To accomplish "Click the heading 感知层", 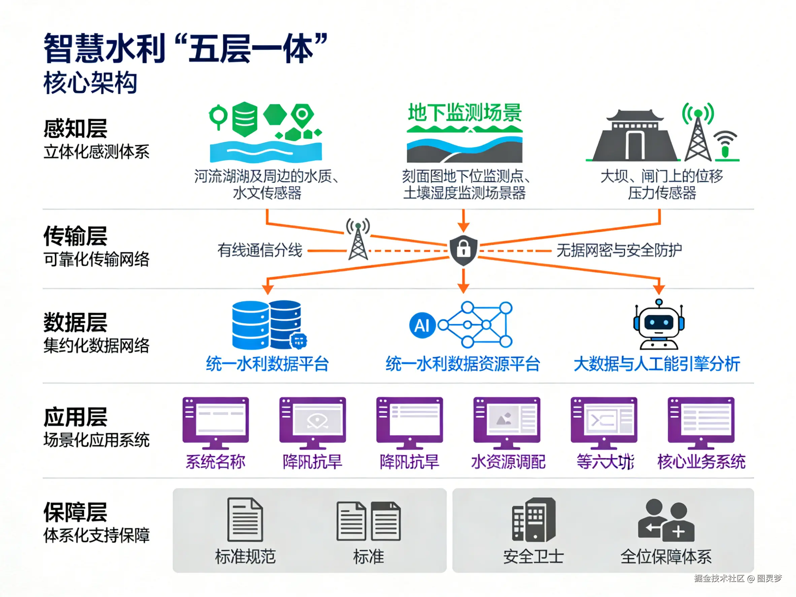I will click(x=75, y=129).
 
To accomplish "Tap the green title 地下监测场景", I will click(x=465, y=113).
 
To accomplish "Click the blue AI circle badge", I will click(x=422, y=325).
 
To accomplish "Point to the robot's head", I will click(x=659, y=322).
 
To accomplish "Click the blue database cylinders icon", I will click(x=267, y=325).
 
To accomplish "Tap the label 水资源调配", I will click(x=508, y=462).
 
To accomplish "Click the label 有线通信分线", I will click(x=260, y=250).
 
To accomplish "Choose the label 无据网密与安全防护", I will click(x=619, y=250).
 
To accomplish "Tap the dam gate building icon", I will click(x=635, y=137).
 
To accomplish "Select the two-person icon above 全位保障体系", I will click(x=666, y=520).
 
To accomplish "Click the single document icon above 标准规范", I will click(x=245, y=519).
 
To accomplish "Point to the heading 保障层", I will click(x=75, y=512).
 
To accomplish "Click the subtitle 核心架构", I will click(x=90, y=83).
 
